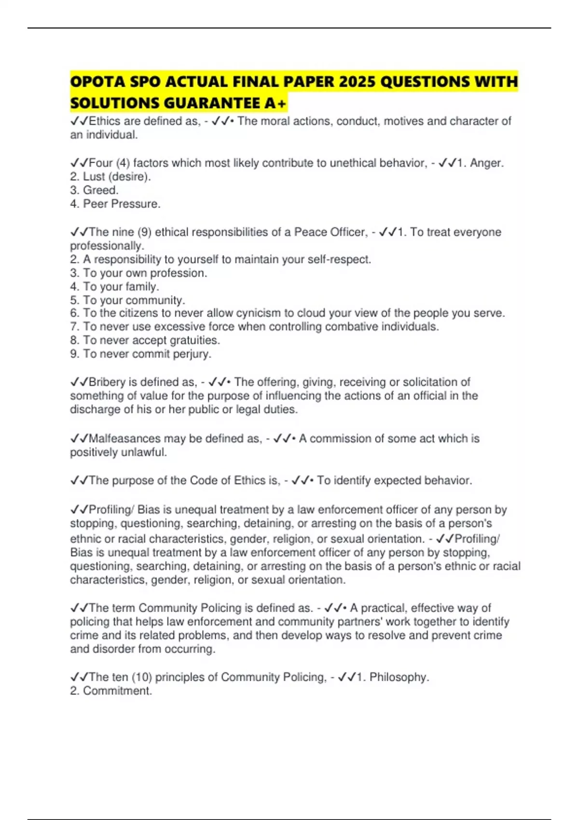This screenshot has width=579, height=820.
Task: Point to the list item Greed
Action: [100, 190]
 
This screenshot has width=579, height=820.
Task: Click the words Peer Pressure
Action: [121, 204]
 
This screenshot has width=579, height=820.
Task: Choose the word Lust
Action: [94, 177]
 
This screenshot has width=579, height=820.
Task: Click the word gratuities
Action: [195, 341]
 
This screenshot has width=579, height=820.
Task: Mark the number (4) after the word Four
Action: [123, 163]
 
